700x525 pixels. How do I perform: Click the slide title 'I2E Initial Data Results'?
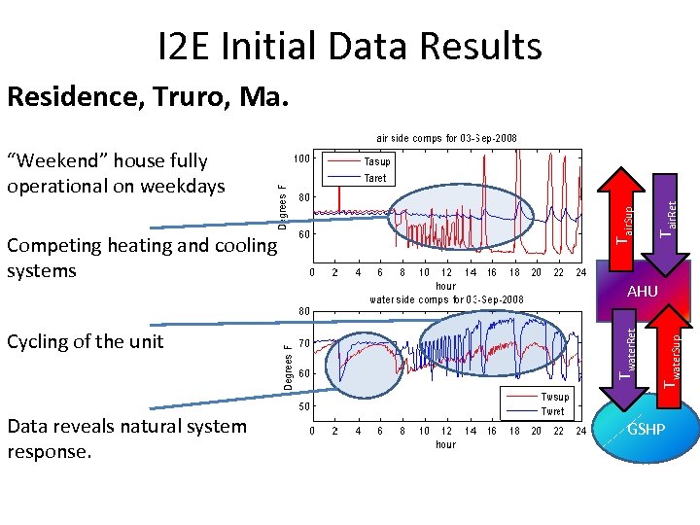349,46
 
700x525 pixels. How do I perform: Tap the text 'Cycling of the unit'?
86,341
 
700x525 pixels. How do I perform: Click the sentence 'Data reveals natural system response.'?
126,438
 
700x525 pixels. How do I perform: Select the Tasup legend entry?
376,161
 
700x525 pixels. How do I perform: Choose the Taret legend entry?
375,178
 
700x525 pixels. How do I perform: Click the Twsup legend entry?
555,397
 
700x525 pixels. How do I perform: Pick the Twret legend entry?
553,411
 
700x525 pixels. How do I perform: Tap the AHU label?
643,292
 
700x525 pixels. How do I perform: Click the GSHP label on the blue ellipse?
646,429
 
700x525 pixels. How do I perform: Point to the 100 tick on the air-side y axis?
302,157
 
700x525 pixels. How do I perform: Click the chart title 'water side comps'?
446,298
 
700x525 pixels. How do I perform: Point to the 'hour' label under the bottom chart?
446,443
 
